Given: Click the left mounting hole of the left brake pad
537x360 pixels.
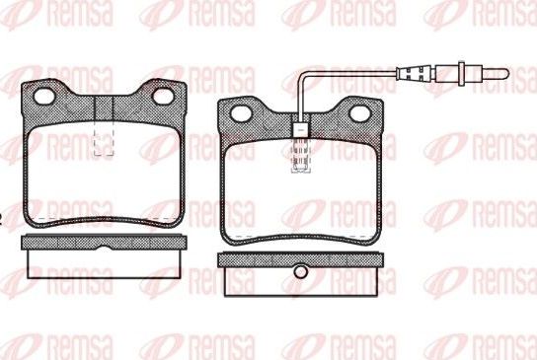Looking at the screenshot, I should [x=45, y=96].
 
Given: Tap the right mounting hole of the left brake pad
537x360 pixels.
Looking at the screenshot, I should [x=163, y=97].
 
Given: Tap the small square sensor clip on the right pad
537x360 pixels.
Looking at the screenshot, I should [x=300, y=127].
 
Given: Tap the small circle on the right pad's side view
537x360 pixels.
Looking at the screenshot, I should [x=300, y=270].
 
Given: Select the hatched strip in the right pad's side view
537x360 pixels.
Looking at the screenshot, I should [x=300, y=258].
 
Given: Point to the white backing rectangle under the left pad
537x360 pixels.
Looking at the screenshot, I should [x=103, y=263].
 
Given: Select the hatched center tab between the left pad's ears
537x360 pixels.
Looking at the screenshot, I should [x=104, y=108].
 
